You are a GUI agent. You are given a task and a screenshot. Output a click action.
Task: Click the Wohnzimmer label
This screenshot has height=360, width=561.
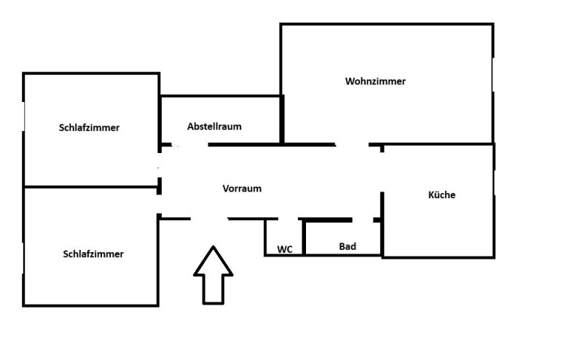(375, 82)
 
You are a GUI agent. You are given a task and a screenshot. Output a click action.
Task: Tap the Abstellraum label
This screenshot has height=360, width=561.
(214, 126)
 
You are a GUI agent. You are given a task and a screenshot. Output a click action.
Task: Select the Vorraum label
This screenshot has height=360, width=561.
(242, 188)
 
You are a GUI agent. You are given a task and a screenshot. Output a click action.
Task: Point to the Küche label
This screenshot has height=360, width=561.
(442, 195)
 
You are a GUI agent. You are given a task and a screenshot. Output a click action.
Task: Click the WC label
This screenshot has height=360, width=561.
(285, 249)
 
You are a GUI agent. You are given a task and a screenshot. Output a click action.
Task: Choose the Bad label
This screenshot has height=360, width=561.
(348, 246)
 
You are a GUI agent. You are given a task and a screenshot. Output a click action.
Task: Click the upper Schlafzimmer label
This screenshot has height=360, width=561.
(89, 128)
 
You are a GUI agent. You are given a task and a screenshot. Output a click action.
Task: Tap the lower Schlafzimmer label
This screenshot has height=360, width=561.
(93, 254)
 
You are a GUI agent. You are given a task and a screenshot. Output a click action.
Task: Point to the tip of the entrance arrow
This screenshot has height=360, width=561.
(213, 248)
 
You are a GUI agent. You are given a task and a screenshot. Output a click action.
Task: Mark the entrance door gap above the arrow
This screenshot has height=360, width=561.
(209, 218)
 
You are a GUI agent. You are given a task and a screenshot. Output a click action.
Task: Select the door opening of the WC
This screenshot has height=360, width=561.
(288, 219)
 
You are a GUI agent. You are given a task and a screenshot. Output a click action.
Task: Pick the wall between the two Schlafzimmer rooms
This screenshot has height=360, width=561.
(91, 187)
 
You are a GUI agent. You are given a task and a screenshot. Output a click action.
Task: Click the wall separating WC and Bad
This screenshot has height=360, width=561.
(303, 238)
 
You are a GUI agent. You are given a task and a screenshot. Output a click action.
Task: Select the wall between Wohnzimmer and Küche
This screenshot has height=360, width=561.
(437, 144)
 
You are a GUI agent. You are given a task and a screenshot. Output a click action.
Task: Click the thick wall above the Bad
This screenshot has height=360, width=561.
(328, 219)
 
